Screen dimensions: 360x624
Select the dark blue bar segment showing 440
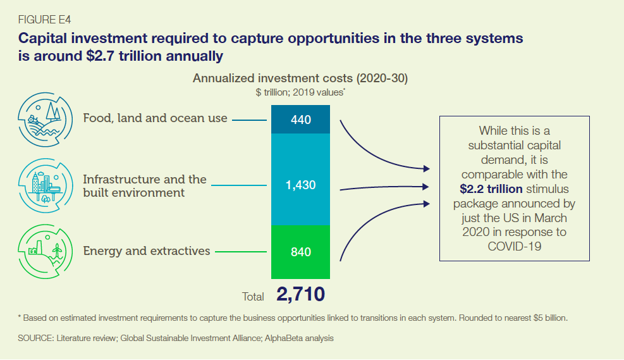point(301,119)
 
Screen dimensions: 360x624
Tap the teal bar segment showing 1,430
point(301,185)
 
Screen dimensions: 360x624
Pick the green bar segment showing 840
point(301,252)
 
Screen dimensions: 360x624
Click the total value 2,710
point(300,294)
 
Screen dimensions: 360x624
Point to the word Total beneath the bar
point(254,296)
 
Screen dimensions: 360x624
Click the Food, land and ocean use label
point(155,118)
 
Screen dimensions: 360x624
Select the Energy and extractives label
point(147,251)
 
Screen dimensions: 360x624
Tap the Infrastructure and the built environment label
point(145,185)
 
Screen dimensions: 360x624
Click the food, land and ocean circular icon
point(45,119)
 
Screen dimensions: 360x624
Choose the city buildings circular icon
point(44,185)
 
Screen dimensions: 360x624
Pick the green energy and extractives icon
point(44,252)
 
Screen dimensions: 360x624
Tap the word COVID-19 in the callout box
point(515,246)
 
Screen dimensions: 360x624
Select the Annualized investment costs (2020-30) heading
point(300,79)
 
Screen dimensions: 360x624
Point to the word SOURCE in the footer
point(36,338)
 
